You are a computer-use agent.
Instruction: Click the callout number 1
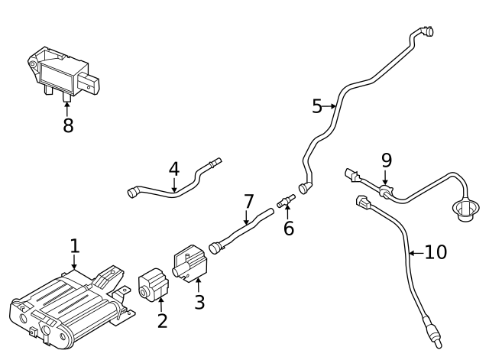click(74, 246)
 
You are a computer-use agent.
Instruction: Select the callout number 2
click(162, 320)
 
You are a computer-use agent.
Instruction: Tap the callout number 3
click(199, 302)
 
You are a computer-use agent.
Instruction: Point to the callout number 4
click(174, 168)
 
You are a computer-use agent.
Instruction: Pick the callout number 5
click(317, 106)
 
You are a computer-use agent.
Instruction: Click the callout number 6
click(288, 228)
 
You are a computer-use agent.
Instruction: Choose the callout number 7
click(248, 202)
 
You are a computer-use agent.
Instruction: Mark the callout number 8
click(68, 125)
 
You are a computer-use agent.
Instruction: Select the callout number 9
click(386, 160)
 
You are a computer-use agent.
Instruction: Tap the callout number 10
click(435, 251)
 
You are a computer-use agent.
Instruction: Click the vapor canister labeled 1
click(65, 306)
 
